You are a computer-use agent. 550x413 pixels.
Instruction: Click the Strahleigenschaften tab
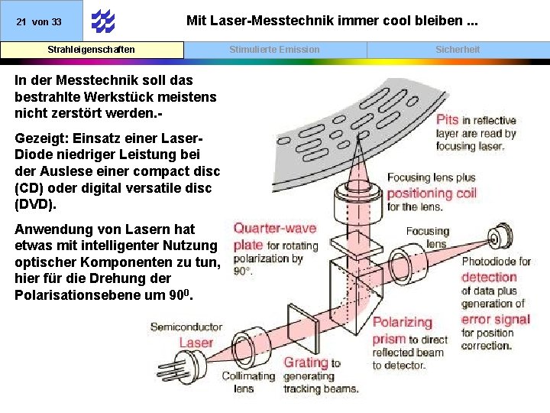click(x=92, y=50)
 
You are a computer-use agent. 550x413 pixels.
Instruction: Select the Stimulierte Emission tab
click(x=275, y=50)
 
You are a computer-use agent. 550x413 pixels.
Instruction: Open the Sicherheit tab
click(x=458, y=50)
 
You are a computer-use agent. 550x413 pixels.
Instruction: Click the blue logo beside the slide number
click(x=102, y=21)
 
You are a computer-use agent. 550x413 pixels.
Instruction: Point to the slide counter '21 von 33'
click(x=39, y=22)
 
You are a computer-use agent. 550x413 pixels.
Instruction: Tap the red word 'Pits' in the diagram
click(x=448, y=120)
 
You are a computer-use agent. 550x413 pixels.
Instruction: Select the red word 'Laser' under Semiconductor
click(x=196, y=343)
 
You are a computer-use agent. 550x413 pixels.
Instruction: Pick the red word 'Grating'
click(x=306, y=363)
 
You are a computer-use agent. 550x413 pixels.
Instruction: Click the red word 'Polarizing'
click(x=402, y=322)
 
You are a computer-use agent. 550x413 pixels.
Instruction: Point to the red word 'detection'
click(x=489, y=277)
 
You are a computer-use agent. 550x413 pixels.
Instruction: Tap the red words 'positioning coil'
click(x=432, y=192)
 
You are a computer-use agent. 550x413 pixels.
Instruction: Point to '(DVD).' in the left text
click(x=34, y=204)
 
